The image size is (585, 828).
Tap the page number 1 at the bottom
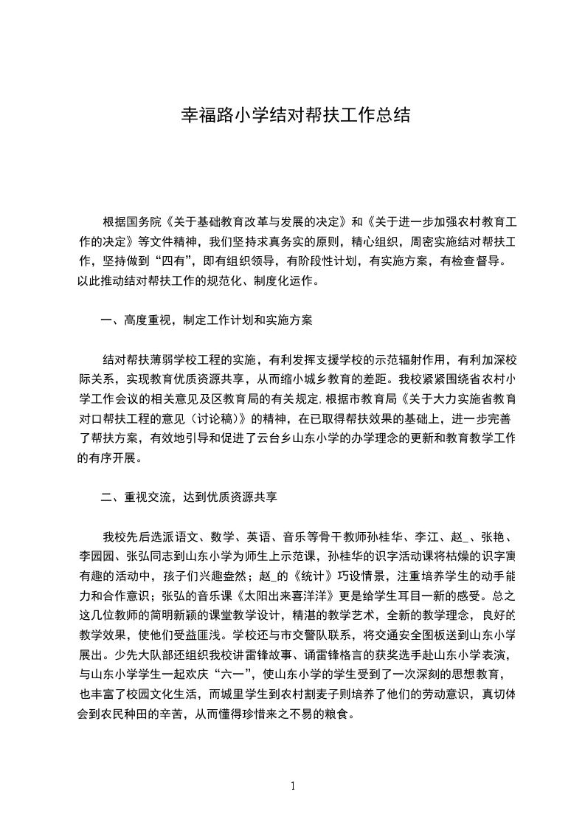293,786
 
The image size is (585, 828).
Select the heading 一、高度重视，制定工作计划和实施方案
207,320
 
